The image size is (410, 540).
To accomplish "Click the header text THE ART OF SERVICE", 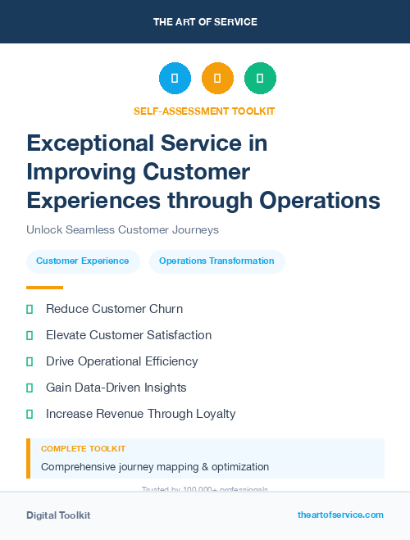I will coord(205,22).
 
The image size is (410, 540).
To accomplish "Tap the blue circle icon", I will coord(175,79).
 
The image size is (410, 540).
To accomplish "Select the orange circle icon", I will coord(217,79).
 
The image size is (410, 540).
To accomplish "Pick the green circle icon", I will coord(260,79).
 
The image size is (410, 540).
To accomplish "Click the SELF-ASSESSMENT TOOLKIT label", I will coord(204,111).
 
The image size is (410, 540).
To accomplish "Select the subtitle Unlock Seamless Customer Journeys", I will coord(122,230).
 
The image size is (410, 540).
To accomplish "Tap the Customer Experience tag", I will coord(83,261).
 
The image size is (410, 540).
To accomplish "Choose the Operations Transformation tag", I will coord(216,261).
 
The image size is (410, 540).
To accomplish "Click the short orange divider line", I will coord(44,288).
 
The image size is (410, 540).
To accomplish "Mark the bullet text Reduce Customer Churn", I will coord(114,309).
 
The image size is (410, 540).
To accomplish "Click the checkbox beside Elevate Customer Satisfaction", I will coord(30,335).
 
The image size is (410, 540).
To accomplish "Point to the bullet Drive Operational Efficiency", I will coord(121,361).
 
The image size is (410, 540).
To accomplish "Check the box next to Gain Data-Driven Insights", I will coord(30,388).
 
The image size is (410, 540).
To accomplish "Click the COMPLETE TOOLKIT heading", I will coord(83,449).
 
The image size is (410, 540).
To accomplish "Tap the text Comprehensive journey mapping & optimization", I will coord(155,467).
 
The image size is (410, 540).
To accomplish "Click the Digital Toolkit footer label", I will coord(58,515).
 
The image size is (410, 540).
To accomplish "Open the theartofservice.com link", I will coord(340,515).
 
